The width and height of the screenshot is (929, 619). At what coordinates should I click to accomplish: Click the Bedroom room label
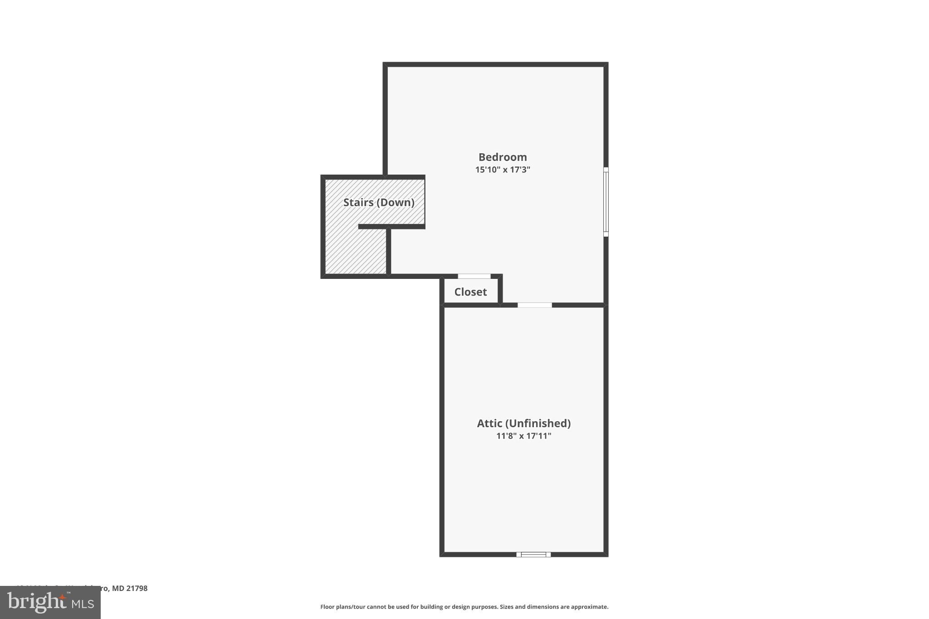[503, 157]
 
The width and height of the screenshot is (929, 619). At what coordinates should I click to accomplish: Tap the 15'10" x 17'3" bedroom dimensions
[503, 170]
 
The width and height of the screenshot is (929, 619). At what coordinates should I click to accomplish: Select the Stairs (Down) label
[379, 202]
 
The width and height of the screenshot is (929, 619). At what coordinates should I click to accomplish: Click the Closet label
[470, 292]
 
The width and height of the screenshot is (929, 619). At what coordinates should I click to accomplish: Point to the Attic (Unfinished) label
[523, 423]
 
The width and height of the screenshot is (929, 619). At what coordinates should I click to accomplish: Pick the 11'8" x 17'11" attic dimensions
[523, 436]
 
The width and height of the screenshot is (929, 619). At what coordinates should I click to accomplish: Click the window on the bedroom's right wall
[606, 202]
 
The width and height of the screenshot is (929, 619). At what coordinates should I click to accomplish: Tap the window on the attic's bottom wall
[533, 554]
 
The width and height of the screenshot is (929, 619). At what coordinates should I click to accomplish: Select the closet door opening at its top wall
[474, 276]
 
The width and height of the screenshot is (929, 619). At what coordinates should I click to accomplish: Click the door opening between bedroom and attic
[535, 305]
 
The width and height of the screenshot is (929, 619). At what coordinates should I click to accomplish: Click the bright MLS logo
[50, 602]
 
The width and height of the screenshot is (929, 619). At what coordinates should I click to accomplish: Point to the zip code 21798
[137, 589]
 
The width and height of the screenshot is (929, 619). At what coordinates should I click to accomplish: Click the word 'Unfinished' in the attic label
[538, 423]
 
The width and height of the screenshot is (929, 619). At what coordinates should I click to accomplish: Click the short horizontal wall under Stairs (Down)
[391, 226]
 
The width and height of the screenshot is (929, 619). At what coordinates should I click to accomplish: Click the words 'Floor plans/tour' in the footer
[342, 607]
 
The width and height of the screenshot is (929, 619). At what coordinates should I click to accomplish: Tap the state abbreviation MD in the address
[118, 589]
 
